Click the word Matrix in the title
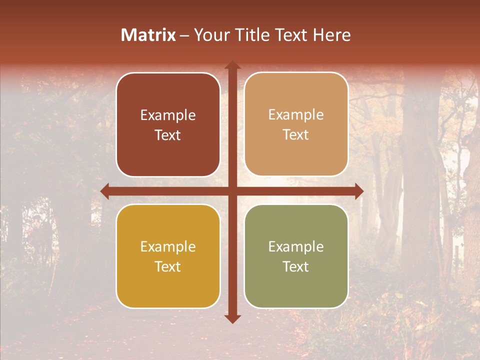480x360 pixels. pyautogui.click(x=148, y=35)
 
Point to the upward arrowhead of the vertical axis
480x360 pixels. pyautogui.click(x=232, y=65)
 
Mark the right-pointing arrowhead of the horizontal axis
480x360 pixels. pyautogui.click(x=359, y=191)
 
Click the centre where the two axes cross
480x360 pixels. pyautogui.click(x=232, y=191)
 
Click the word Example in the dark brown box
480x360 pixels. pyautogui.click(x=168, y=115)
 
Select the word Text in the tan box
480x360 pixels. pyautogui.click(x=296, y=135)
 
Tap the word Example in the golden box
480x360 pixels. pyautogui.click(x=168, y=247)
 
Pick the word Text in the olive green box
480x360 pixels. pyautogui.click(x=296, y=266)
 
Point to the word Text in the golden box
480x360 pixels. pyautogui.click(x=168, y=266)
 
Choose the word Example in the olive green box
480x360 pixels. pyautogui.click(x=296, y=247)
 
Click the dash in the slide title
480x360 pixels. pyautogui.click(x=184, y=35)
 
